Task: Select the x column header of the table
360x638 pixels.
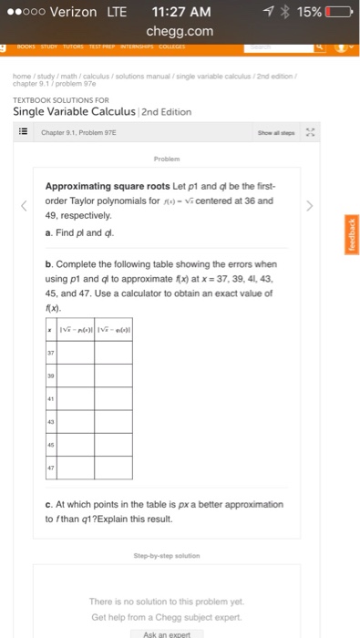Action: (x=50, y=328)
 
